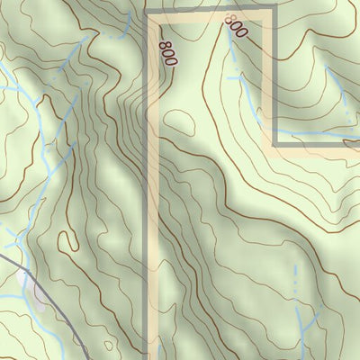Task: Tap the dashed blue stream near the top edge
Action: click(x=112, y=33)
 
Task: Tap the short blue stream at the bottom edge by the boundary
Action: click(x=158, y=351)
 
